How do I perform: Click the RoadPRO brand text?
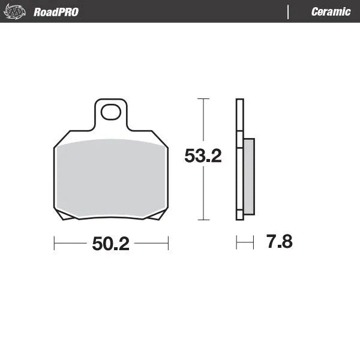56,12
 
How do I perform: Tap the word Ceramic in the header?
331,12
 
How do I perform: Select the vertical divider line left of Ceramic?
289,11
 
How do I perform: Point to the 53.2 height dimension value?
203,157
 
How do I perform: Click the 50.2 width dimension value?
111,244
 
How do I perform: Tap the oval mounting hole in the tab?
110,112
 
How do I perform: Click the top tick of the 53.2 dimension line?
203,98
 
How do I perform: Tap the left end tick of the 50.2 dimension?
55,243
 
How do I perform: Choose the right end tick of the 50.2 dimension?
168,243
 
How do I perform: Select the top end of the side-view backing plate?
240,101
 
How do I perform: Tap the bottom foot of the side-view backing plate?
240,215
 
